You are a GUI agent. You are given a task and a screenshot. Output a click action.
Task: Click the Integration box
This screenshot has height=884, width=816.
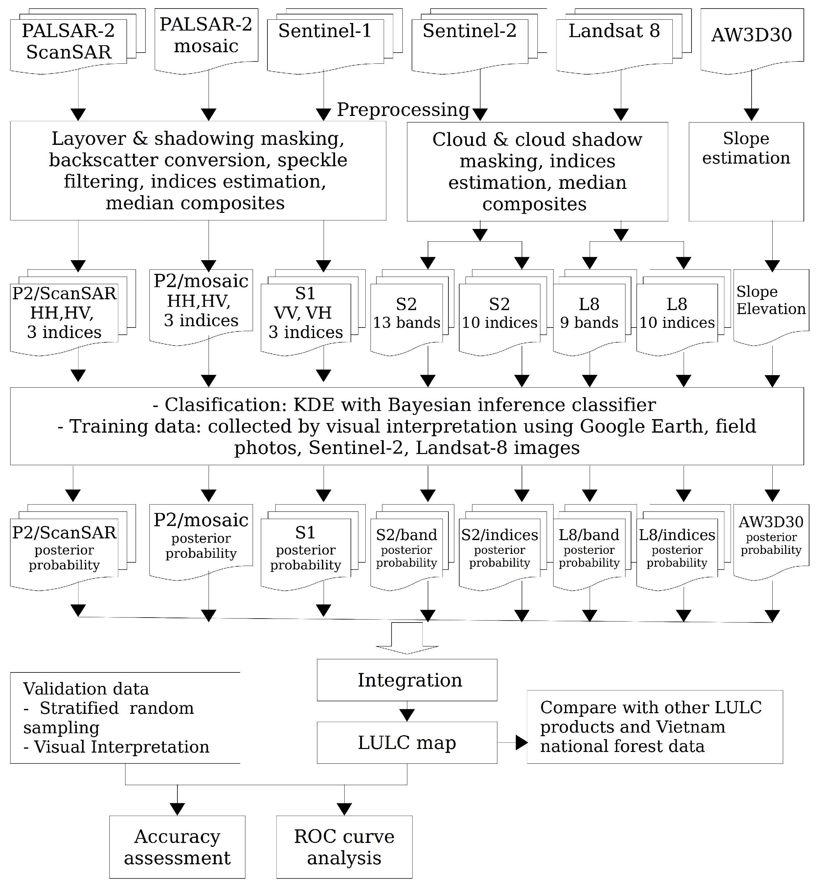(407, 680)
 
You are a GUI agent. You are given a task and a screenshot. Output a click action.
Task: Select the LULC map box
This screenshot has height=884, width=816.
(407, 743)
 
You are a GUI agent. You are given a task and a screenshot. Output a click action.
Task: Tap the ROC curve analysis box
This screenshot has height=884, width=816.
(344, 847)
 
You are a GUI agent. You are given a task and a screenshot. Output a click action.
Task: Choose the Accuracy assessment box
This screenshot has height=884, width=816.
(177, 847)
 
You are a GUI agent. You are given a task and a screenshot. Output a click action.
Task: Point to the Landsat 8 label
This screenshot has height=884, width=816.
(614, 31)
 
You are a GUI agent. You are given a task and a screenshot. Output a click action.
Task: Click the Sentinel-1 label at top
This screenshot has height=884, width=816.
(325, 31)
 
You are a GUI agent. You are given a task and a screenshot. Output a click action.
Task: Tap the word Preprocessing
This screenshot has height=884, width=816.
(403, 109)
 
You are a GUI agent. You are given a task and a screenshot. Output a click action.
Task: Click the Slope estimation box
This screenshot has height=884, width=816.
(746, 148)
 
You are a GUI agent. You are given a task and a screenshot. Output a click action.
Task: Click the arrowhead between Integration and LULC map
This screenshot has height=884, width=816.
(407, 714)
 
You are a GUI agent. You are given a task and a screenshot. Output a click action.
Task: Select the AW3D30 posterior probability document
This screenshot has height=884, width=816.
(771, 536)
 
